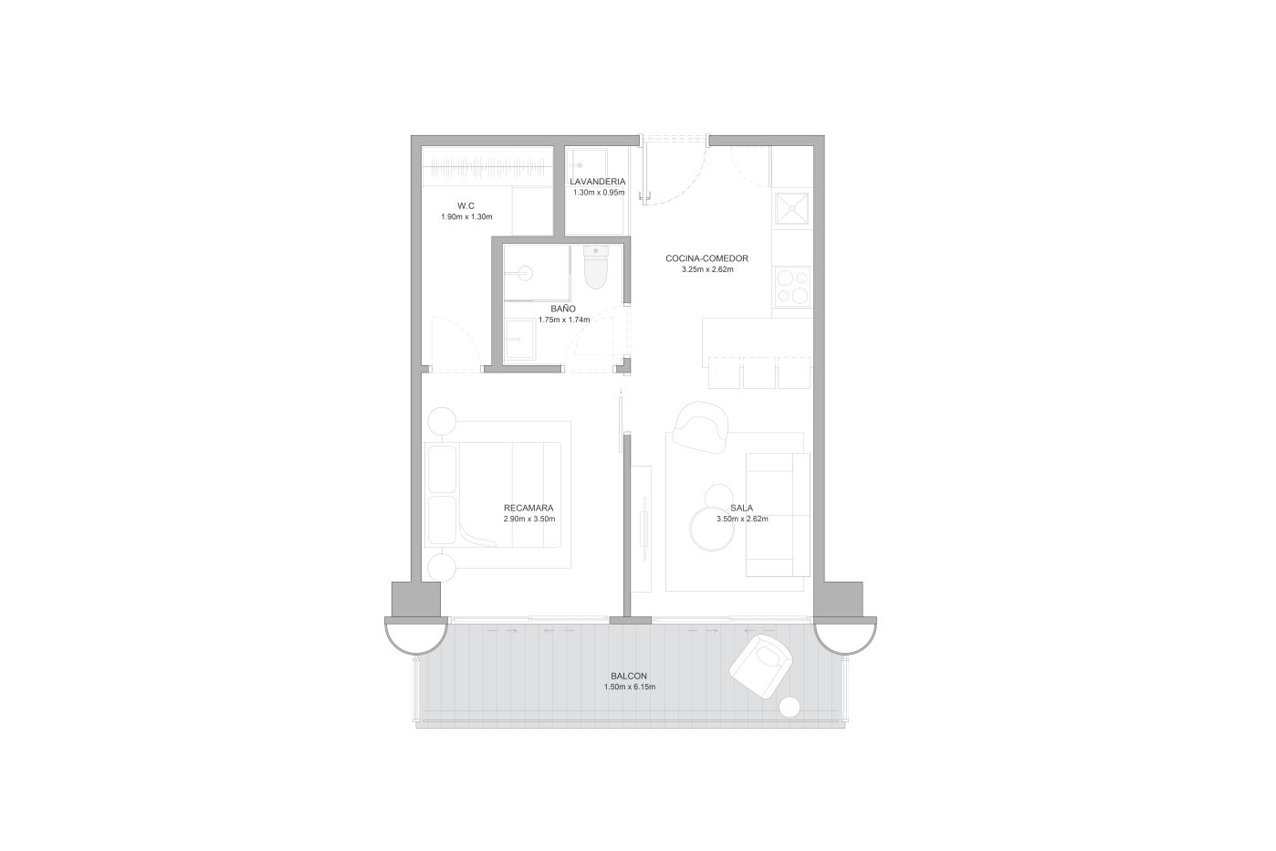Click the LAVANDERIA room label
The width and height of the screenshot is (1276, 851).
coord(598,182)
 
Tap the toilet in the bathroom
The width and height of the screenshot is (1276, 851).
coord(596,267)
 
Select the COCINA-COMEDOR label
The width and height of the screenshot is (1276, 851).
coord(707,258)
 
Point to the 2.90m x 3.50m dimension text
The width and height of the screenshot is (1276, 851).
coord(529,519)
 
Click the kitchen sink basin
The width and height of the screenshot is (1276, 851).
coord(792,209)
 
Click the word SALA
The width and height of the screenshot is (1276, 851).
coord(742,508)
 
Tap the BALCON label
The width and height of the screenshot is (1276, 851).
coord(629,676)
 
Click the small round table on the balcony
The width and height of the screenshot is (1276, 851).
coord(790,708)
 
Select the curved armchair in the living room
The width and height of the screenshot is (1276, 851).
coord(700,427)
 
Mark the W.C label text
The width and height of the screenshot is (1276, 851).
coord(465,205)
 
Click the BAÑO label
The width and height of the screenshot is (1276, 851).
coord(563,309)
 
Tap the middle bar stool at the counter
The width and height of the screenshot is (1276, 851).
coord(758,373)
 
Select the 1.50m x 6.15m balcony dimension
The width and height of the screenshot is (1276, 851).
coord(630,687)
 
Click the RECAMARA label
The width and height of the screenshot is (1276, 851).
coord(528,508)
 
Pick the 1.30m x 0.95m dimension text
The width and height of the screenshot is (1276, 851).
coord(599,193)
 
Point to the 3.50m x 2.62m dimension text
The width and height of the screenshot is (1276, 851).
coord(742,519)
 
